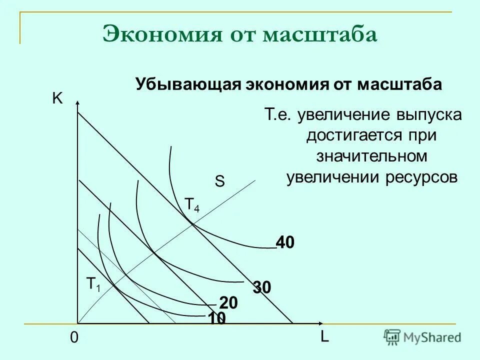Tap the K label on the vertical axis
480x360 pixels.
click(x=57, y=99)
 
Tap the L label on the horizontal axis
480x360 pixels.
click(x=324, y=337)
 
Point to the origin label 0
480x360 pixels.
click(x=74, y=338)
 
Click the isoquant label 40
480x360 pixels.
click(x=285, y=243)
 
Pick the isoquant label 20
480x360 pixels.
click(x=228, y=303)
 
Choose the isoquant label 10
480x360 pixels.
click(x=217, y=318)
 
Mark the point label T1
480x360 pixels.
click(x=93, y=284)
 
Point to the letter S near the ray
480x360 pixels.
click(x=219, y=182)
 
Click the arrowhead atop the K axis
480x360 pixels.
click(x=78, y=102)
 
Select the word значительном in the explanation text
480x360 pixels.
click(x=372, y=156)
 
